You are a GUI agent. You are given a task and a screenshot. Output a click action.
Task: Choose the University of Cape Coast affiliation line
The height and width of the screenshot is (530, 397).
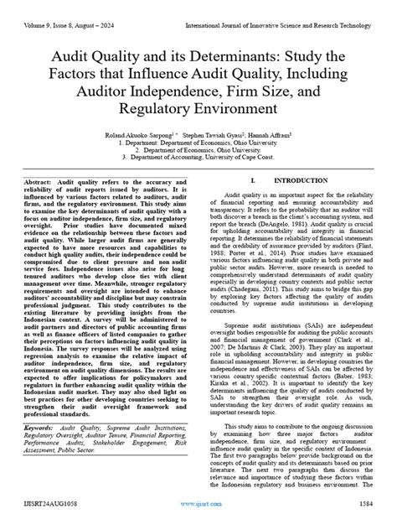point(198,156)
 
